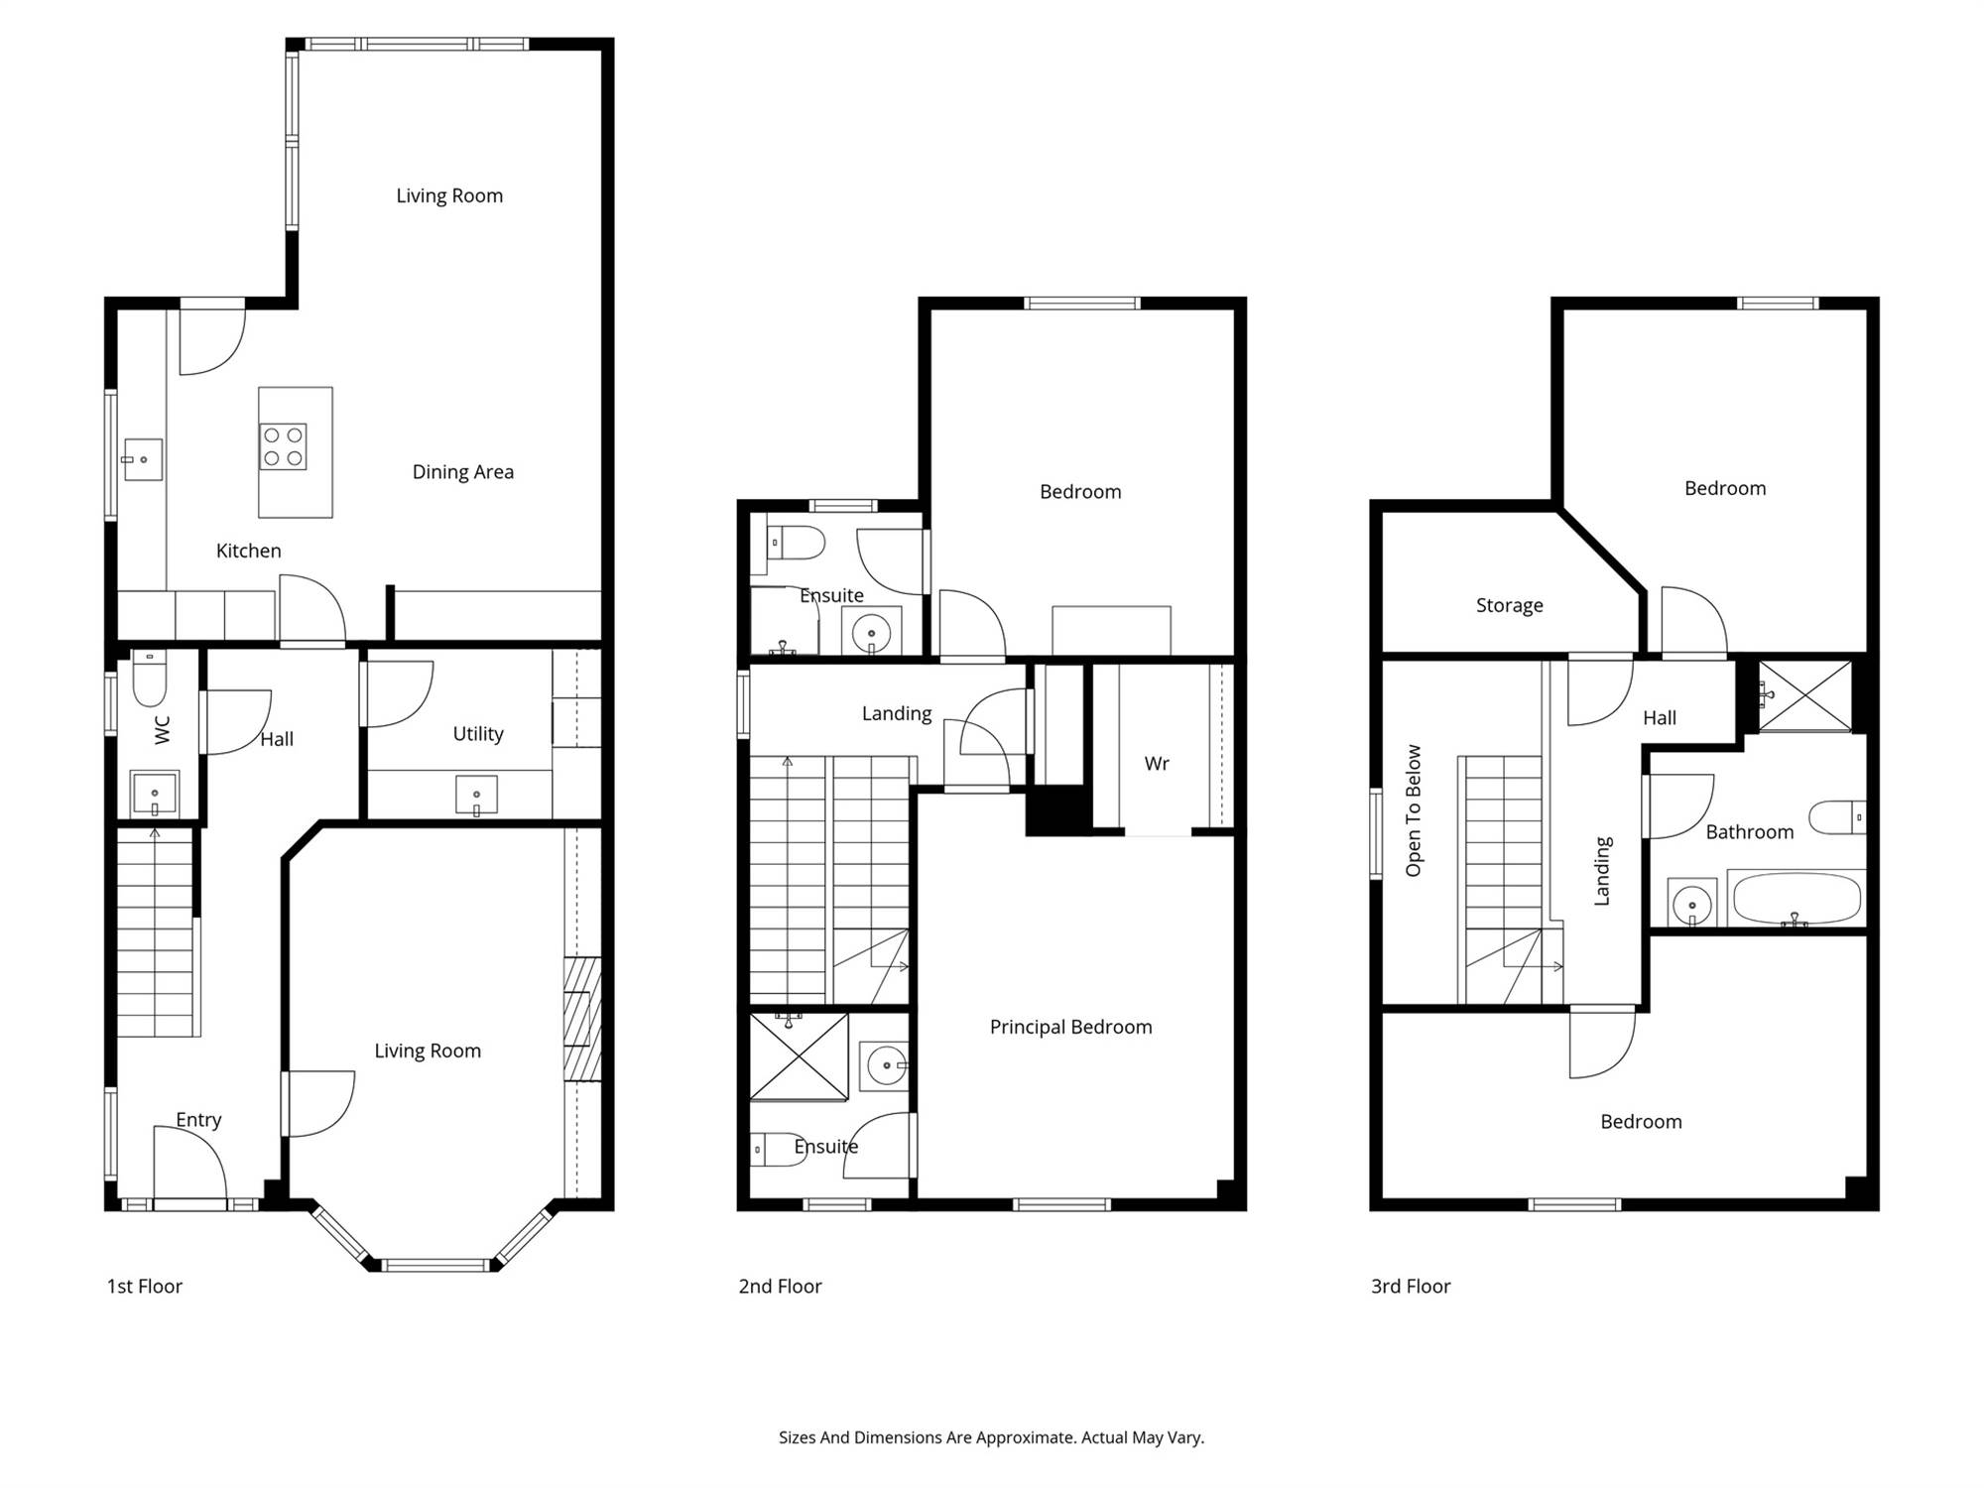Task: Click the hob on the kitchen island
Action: (283, 446)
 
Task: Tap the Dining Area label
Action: (463, 472)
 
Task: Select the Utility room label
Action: (478, 734)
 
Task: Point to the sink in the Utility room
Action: (476, 796)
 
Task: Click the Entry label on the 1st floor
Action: (198, 1120)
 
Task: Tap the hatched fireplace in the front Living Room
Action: (582, 1019)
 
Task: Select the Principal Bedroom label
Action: (1071, 1028)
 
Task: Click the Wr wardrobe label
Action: (1157, 764)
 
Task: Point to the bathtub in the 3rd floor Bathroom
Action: (1797, 899)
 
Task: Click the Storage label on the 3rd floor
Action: (1510, 606)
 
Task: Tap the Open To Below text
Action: (1414, 810)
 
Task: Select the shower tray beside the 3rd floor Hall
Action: (1804, 696)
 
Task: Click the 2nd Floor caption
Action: (781, 1287)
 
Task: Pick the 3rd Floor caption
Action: (1411, 1287)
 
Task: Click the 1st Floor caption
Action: (145, 1287)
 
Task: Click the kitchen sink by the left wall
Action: (143, 459)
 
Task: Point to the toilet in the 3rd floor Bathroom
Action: (1837, 817)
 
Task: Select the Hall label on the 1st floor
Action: (277, 739)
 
